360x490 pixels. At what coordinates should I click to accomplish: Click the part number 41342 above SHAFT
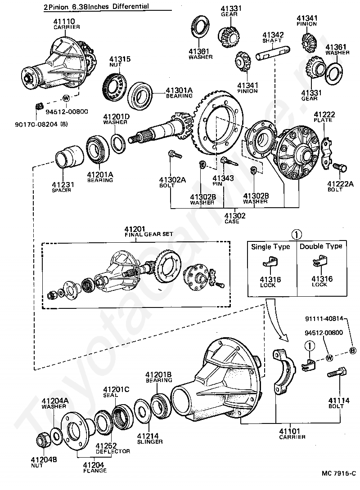click(273, 35)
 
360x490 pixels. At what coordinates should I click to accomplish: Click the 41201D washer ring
click(117, 144)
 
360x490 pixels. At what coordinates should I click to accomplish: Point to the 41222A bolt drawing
click(339, 167)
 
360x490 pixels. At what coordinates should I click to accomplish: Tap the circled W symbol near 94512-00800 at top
click(66, 98)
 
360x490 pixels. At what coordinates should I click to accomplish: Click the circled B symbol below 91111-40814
click(352, 351)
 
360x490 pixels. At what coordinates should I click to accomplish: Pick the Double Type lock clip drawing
click(319, 261)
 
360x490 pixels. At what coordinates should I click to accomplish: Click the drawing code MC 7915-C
click(339, 473)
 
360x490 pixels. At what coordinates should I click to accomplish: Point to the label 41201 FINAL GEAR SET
click(149, 232)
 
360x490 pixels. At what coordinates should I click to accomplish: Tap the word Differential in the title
click(131, 7)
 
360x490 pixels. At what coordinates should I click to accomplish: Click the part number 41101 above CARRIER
click(290, 432)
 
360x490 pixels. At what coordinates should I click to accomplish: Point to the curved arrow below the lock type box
click(274, 321)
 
